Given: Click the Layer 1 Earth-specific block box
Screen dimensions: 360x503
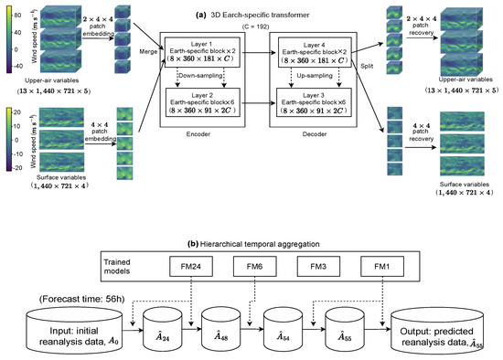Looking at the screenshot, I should (x=210, y=57).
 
